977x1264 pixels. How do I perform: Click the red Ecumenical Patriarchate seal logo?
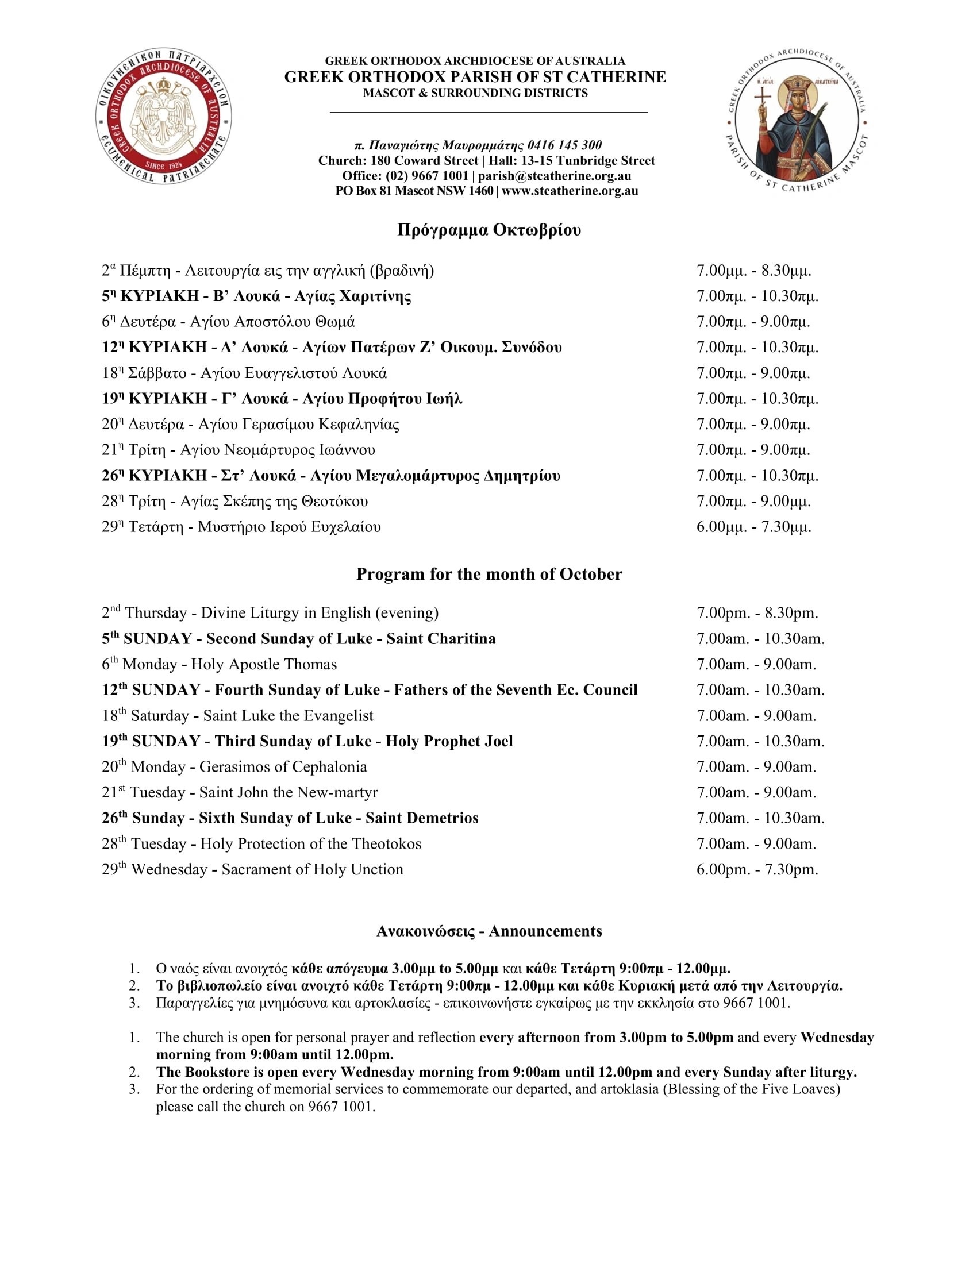164,116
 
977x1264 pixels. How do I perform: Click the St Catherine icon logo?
797,120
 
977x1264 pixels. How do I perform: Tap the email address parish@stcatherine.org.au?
554,176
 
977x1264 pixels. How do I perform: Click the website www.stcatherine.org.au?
570,191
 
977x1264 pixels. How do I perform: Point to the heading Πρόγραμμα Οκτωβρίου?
488,230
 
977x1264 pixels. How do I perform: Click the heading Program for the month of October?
488,573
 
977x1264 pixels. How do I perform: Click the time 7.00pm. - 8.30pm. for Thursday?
757,613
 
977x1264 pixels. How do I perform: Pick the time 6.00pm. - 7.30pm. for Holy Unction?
757,869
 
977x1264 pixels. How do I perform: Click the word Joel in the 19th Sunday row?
498,741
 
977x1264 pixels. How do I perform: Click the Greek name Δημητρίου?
521,476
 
